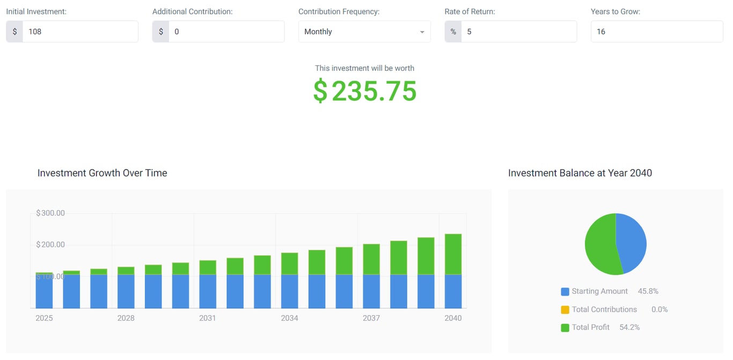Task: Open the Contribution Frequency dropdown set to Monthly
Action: (364, 32)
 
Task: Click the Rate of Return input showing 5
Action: (518, 32)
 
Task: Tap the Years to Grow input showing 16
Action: (656, 32)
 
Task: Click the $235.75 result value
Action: (365, 91)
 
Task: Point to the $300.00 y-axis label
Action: (50, 213)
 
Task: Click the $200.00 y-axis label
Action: (50, 245)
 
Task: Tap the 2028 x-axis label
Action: (126, 318)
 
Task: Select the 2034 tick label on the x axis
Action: (290, 318)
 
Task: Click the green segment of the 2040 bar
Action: (453, 254)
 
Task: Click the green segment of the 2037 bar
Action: (371, 259)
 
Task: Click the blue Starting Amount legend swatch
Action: (565, 292)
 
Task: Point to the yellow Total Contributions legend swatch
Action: (565, 310)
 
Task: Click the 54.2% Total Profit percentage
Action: (629, 327)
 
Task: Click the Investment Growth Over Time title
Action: (102, 173)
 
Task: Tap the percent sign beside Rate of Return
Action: (453, 32)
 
